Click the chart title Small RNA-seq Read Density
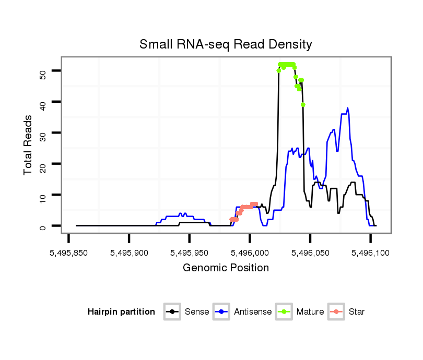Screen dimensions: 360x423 point(226,44)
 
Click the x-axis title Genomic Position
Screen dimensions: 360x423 point(226,268)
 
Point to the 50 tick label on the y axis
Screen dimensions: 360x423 point(43,71)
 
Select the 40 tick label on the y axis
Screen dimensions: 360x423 point(43,102)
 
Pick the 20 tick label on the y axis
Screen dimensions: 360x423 point(43,164)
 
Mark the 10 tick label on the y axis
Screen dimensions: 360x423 point(43,195)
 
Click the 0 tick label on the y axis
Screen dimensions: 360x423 point(43,226)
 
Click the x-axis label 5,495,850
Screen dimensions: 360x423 point(68,253)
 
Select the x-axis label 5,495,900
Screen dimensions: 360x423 point(129,253)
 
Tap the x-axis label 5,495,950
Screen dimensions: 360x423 point(189,253)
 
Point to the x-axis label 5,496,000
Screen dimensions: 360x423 point(250,253)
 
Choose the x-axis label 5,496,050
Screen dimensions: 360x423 point(310,253)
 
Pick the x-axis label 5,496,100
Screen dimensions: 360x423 point(370,253)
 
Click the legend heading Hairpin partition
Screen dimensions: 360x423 point(121,312)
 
